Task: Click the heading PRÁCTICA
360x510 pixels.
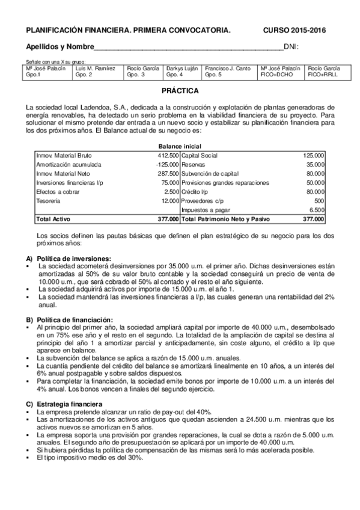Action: coord(180,91)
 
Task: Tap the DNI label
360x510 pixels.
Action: coord(291,47)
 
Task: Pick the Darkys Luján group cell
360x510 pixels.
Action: coord(182,72)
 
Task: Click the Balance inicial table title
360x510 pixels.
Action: coord(180,146)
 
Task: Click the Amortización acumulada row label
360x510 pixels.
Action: coord(69,164)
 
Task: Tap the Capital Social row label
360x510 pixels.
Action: coord(200,155)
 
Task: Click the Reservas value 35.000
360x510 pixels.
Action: coord(314,164)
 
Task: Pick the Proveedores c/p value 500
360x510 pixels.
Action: coord(319,201)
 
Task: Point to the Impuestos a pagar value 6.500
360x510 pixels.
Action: coord(316,210)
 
